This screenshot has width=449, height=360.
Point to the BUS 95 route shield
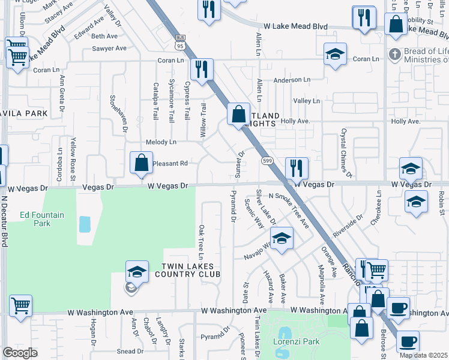pyautogui.click(x=181, y=41)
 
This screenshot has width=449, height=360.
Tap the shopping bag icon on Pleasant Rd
pyautogui.click(x=141, y=163)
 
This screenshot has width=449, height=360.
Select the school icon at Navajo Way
pyautogui.click(x=280, y=238)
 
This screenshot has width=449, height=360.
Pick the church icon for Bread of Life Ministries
pyautogui.click(x=394, y=54)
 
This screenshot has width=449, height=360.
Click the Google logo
pyautogui.click(x=21, y=353)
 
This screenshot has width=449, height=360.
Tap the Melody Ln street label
pyautogui.click(x=161, y=142)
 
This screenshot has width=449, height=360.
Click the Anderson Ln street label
pyautogui.click(x=292, y=80)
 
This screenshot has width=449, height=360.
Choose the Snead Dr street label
pyautogui.click(x=130, y=352)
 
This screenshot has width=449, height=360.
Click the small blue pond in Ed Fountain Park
pyautogui.click(x=85, y=224)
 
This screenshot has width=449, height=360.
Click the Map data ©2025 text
pyautogui.click(x=423, y=355)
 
